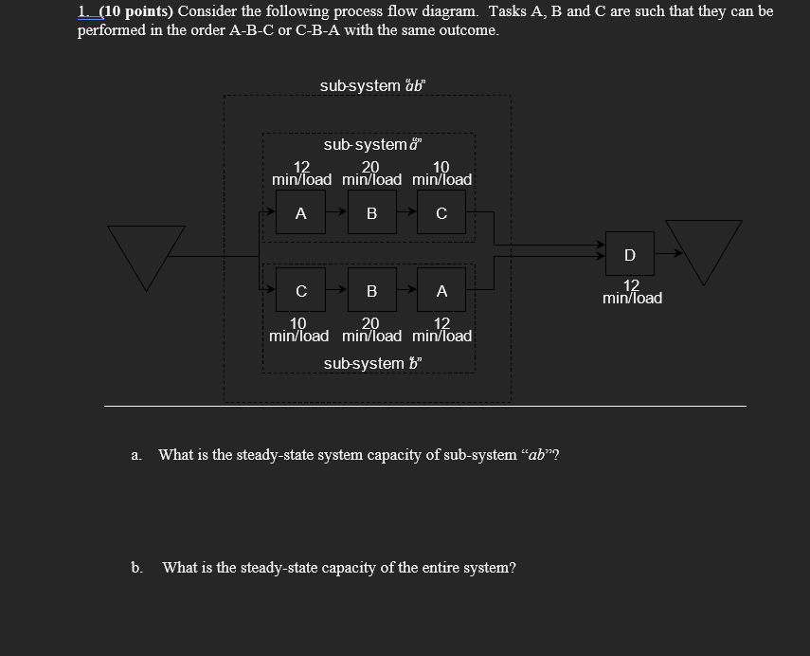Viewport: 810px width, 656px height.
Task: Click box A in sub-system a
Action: [300, 213]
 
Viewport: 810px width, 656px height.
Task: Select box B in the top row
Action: [371, 213]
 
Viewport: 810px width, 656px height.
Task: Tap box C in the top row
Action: [441, 213]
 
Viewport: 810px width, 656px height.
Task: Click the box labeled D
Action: [630, 254]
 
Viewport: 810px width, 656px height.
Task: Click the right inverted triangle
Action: [704, 249]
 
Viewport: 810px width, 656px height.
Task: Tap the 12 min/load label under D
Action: [632, 292]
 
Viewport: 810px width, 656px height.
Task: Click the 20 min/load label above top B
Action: [371, 173]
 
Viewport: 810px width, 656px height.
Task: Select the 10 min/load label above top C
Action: [441, 173]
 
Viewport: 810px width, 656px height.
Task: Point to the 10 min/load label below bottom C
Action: [298, 330]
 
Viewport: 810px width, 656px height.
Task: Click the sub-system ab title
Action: [373, 85]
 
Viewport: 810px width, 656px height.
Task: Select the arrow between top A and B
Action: [336, 213]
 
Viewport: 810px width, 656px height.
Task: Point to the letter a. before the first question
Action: [136, 455]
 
